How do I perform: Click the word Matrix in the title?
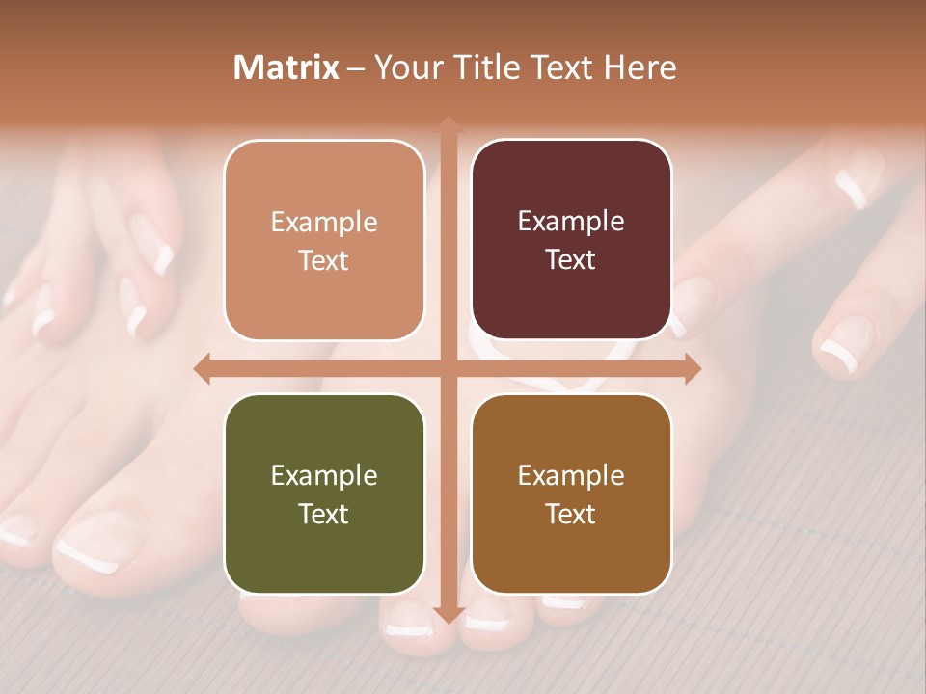point(286,67)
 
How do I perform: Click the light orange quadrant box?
point(324,241)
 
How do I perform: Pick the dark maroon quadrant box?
point(571,241)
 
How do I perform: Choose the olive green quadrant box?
point(324,494)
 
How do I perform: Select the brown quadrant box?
point(571,494)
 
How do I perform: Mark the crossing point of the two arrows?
point(448,368)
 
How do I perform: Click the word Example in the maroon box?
point(571,222)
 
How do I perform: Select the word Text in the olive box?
point(324,514)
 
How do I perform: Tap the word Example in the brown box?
point(571,475)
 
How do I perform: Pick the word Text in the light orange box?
point(324,260)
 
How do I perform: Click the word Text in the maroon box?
point(571,260)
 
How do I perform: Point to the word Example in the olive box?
point(324,475)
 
